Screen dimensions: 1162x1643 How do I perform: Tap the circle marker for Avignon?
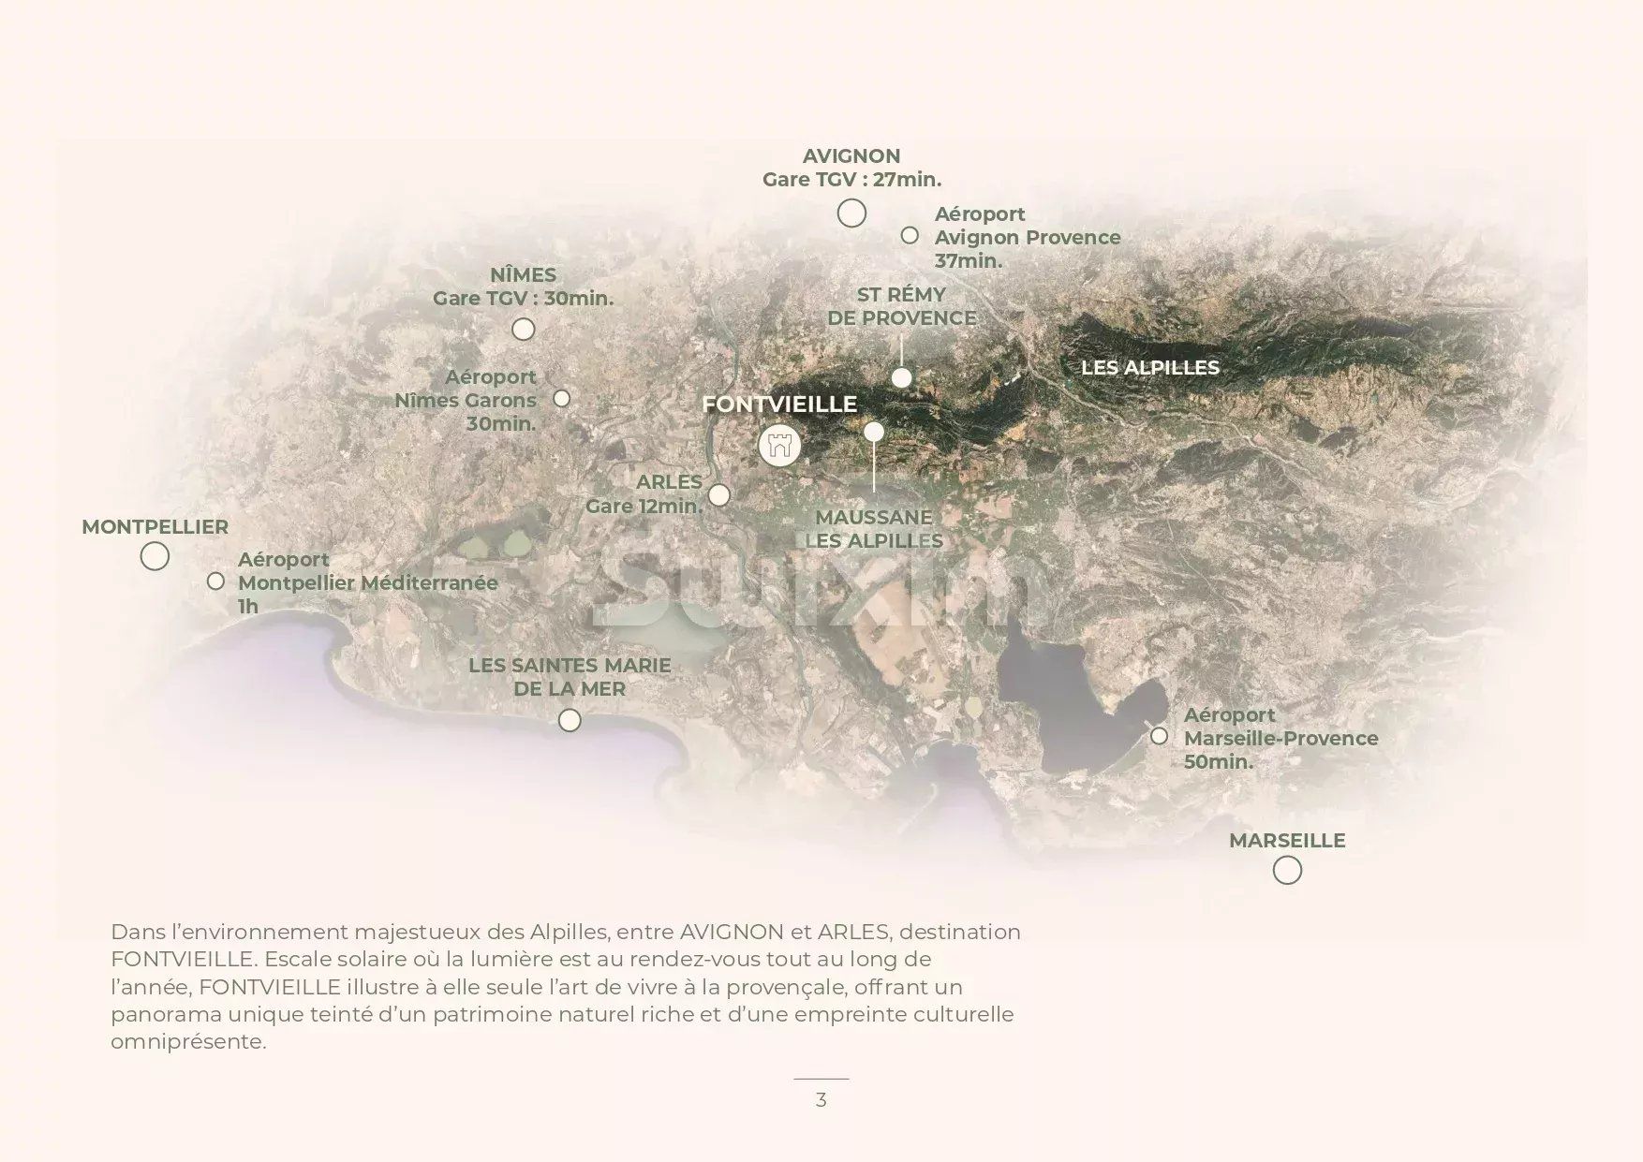pos(851,213)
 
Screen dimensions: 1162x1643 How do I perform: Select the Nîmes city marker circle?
pos(524,329)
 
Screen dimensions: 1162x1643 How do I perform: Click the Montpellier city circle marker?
pos(155,556)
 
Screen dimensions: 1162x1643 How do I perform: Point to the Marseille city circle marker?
pos(1287,871)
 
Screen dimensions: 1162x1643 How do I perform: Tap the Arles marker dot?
pos(718,494)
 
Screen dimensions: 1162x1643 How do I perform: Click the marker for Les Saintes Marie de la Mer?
pos(570,720)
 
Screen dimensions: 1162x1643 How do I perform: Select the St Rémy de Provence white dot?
pos(901,377)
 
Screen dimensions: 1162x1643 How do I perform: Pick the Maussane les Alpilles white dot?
pos(874,432)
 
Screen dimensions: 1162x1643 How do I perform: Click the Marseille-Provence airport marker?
pos(1159,736)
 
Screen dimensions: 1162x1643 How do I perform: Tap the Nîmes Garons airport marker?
pos(561,399)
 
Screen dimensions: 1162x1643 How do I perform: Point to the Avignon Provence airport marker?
pos(910,235)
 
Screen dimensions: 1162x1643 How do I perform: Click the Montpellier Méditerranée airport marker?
pos(215,581)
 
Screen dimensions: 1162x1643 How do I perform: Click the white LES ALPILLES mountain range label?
pos(1150,368)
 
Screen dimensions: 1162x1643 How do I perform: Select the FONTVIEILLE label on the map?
pos(779,404)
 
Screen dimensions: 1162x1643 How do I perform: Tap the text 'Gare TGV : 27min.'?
pos(851,180)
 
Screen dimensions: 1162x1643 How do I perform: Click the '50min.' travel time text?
pos(1218,762)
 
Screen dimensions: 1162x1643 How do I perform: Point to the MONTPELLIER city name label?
pos(155,527)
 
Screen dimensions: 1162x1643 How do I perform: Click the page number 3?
pos(821,1100)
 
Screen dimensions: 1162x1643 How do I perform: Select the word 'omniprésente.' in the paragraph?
pos(188,1041)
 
